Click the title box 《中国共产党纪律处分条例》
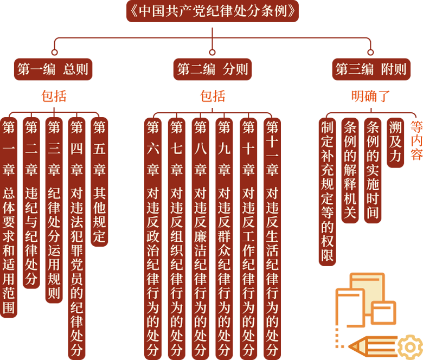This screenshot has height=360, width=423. click(212, 11)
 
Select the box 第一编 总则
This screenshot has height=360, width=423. click(53, 69)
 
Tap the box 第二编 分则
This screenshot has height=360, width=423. click(212, 69)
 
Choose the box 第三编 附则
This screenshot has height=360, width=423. click(371, 69)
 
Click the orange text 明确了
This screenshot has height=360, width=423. click(370, 96)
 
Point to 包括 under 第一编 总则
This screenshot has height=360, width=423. click(54, 96)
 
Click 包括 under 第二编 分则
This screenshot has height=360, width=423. click(213, 96)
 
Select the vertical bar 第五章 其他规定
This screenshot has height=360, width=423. click(99, 182)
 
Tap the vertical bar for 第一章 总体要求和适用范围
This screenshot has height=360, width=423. click(9, 217)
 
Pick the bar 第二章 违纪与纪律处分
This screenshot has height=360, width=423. click(31, 203)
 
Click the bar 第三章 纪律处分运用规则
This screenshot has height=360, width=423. click(54, 210)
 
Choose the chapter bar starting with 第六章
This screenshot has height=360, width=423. click(153, 239)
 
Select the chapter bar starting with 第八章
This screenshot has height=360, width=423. click(201, 239)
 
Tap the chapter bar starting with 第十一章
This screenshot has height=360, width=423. click(272, 239)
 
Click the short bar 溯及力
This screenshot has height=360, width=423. click(395, 143)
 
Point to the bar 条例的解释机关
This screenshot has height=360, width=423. click(350, 170)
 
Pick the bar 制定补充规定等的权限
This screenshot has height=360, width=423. click(327, 192)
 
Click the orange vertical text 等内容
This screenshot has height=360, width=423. click(416, 140)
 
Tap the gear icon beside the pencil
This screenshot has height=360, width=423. click(411, 348)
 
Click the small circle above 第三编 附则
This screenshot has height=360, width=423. click(370, 52)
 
